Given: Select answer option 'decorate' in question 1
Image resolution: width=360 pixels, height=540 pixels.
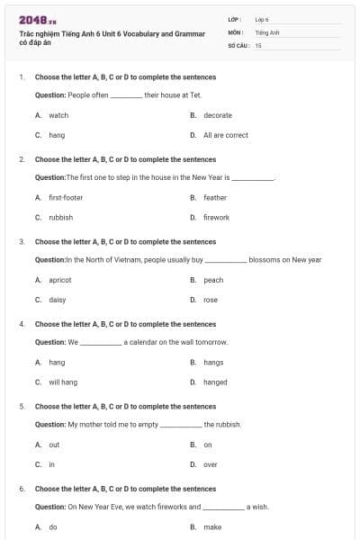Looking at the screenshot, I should pyautogui.click(x=218, y=115).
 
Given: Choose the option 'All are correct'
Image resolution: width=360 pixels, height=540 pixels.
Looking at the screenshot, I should pyautogui.click(x=225, y=135).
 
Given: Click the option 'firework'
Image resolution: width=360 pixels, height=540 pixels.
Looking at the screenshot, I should pyautogui.click(x=216, y=217).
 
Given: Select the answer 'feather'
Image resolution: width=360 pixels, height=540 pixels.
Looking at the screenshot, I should pyautogui.click(x=215, y=197).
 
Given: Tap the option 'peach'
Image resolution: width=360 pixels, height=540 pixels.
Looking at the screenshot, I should pyautogui.click(x=213, y=280).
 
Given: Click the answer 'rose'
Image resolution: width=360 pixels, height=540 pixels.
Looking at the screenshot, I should pyautogui.click(x=211, y=300).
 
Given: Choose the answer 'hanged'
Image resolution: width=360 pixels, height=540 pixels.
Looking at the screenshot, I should pyautogui.click(x=215, y=382).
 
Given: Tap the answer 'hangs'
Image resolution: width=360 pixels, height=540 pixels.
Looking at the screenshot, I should pyautogui.click(x=213, y=362).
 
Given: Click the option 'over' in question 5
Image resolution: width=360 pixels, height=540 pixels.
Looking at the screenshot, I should pyautogui.click(x=211, y=464).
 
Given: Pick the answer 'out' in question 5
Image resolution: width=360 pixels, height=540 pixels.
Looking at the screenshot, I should pyautogui.click(x=54, y=445).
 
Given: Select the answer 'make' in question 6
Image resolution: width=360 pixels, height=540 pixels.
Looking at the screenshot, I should pyautogui.click(x=212, y=526).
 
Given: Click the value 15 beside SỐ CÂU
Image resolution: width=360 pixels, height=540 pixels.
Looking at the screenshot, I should pyautogui.click(x=258, y=44).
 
